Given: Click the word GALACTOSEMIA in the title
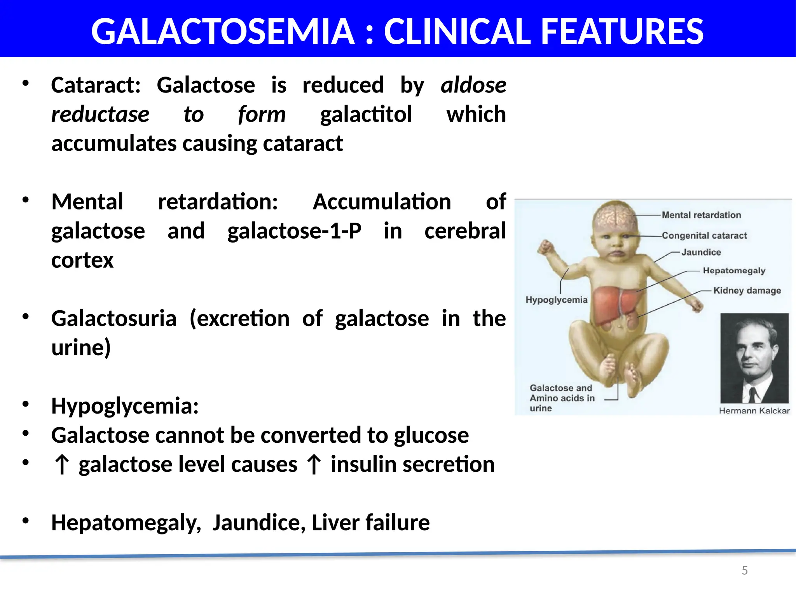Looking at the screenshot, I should [x=222, y=32].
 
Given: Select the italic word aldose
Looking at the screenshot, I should [x=473, y=85].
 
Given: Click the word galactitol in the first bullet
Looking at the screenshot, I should [x=366, y=115].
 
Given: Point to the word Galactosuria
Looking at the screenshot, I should [x=114, y=319].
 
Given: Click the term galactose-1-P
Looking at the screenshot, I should [x=294, y=231].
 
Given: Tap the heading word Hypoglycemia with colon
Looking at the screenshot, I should [x=125, y=406].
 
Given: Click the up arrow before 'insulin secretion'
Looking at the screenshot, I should [x=314, y=465].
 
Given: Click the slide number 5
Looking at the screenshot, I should [x=744, y=571].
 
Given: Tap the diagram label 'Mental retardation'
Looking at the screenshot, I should [x=701, y=215].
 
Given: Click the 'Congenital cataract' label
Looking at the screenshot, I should [x=704, y=236].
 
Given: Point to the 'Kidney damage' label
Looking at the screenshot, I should [x=747, y=290].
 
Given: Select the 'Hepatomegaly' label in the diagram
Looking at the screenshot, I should [x=734, y=271].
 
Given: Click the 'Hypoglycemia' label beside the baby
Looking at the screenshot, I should [x=556, y=300].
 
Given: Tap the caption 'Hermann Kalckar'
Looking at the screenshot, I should [x=754, y=411].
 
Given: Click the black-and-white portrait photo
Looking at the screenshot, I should [x=754, y=358].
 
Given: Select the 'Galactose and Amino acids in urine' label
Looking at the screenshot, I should [x=562, y=398].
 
